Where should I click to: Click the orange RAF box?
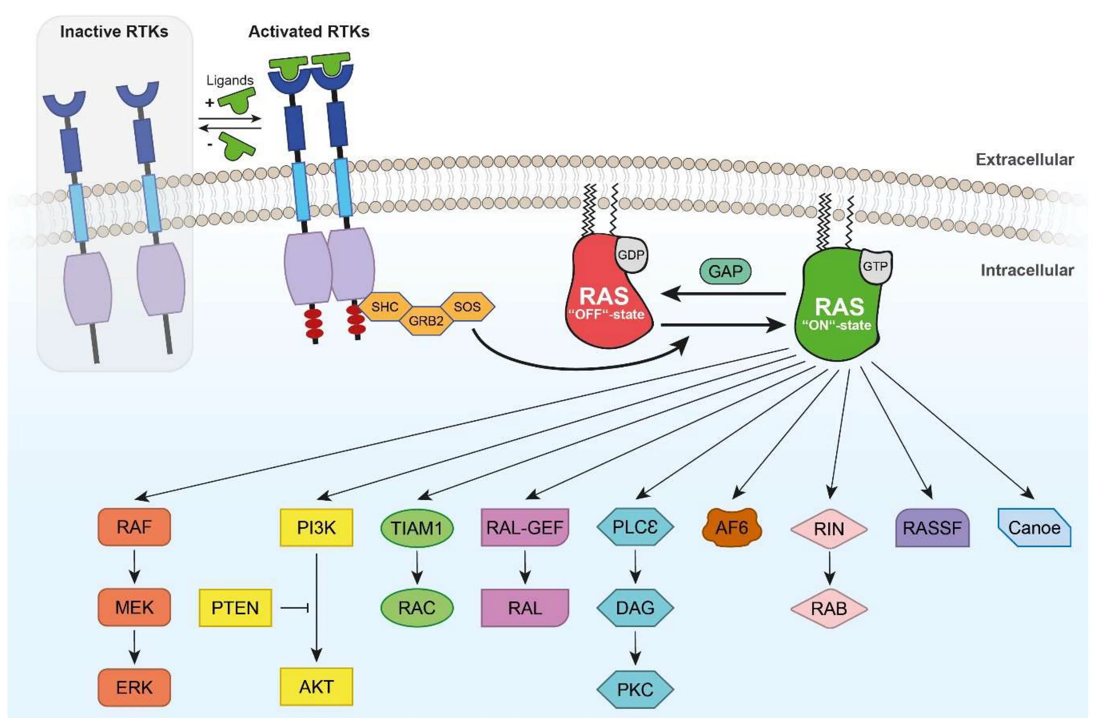pyautogui.click(x=134, y=527)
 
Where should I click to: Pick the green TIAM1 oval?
pyautogui.click(x=416, y=528)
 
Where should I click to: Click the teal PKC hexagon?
pyautogui.click(x=635, y=689)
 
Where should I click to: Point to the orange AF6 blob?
pyautogui.click(x=732, y=528)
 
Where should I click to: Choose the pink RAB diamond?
pyautogui.click(x=829, y=608)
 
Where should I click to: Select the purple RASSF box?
pyautogui.click(x=932, y=528)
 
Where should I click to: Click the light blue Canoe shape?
pyautogui.click(x=1034, y=528)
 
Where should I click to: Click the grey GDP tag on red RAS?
pyautogui.click(x=631, y=255)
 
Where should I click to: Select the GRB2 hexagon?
pyautogui.click(x=426, y=320)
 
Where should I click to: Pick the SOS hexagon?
pyautogui.click(x=467, y=306)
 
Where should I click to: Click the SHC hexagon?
pyautogui.click(x=385, y=306)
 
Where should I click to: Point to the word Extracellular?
pyautogui.click(x=1024, y=160)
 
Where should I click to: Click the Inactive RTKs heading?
pyautogui.click(x=114, y=31)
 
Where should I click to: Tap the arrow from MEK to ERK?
pyautogui.click(x=134, y=647)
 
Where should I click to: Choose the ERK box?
pyautogui.click(x=134, y=687)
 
